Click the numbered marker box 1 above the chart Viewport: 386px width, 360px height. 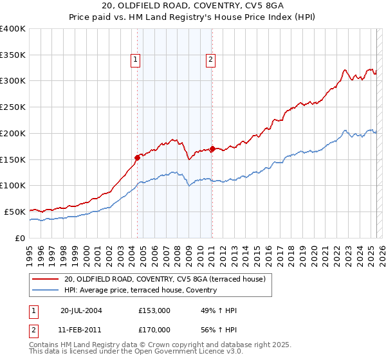(x=136, y=60)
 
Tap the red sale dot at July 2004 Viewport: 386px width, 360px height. (x=137, y=157)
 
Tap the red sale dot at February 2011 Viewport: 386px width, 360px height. (x=212, y=148)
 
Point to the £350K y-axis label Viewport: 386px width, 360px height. (x=13, y=55)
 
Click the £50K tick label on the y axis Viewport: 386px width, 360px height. (x=15, y=212)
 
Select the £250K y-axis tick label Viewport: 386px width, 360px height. (x=13, y=107)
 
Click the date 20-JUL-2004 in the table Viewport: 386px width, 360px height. (x=82, y=310)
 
